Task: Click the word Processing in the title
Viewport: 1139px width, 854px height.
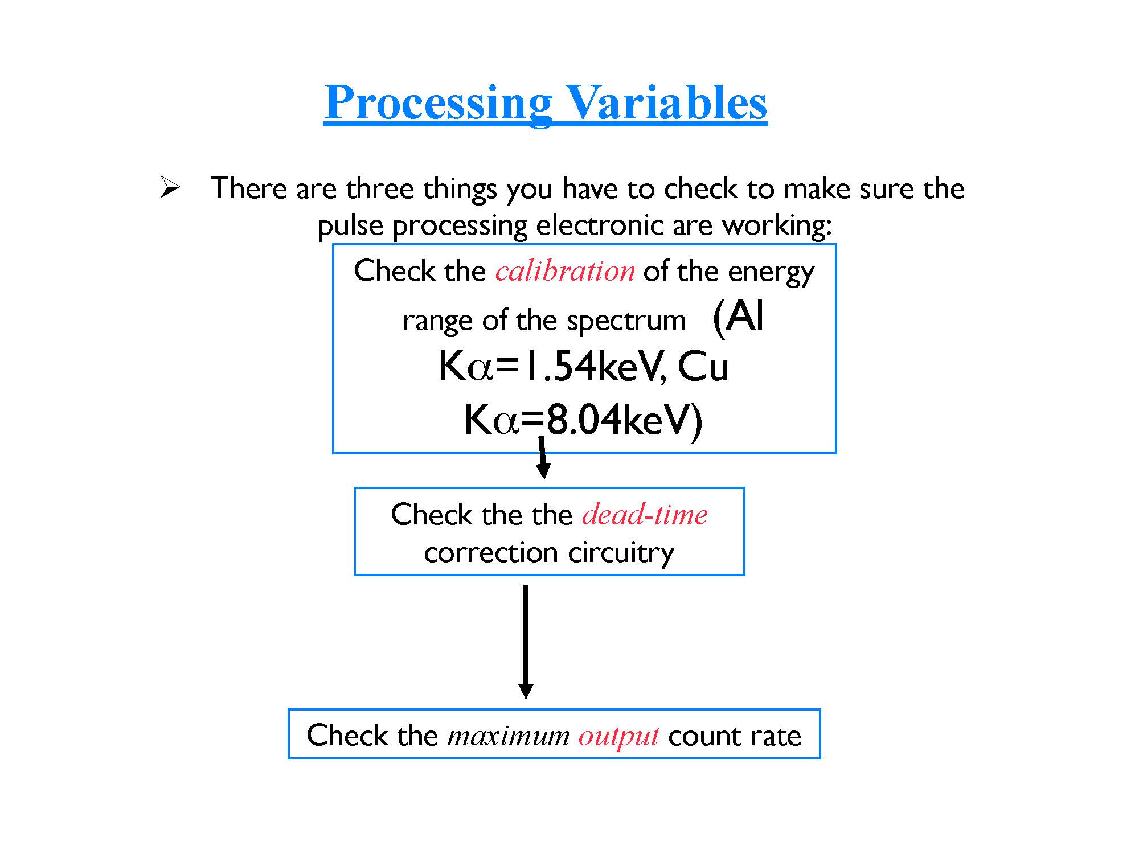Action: click(x=439, y=104)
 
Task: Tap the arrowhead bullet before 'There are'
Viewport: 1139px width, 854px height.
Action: click(x=170, y=187)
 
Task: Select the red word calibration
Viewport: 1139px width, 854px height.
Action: click(x=565, y=270)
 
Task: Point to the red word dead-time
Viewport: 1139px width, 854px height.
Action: click(x=645, y=514)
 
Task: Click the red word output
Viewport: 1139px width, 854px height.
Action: click(x=618, y=736)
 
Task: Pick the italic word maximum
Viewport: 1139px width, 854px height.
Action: click(x=509, y=736)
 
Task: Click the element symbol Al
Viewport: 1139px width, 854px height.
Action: click(x=745, y=316)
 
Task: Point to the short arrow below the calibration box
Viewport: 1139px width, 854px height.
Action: click(x=543, y=457)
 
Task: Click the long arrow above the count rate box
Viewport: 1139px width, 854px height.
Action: click(x=526, y=642)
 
